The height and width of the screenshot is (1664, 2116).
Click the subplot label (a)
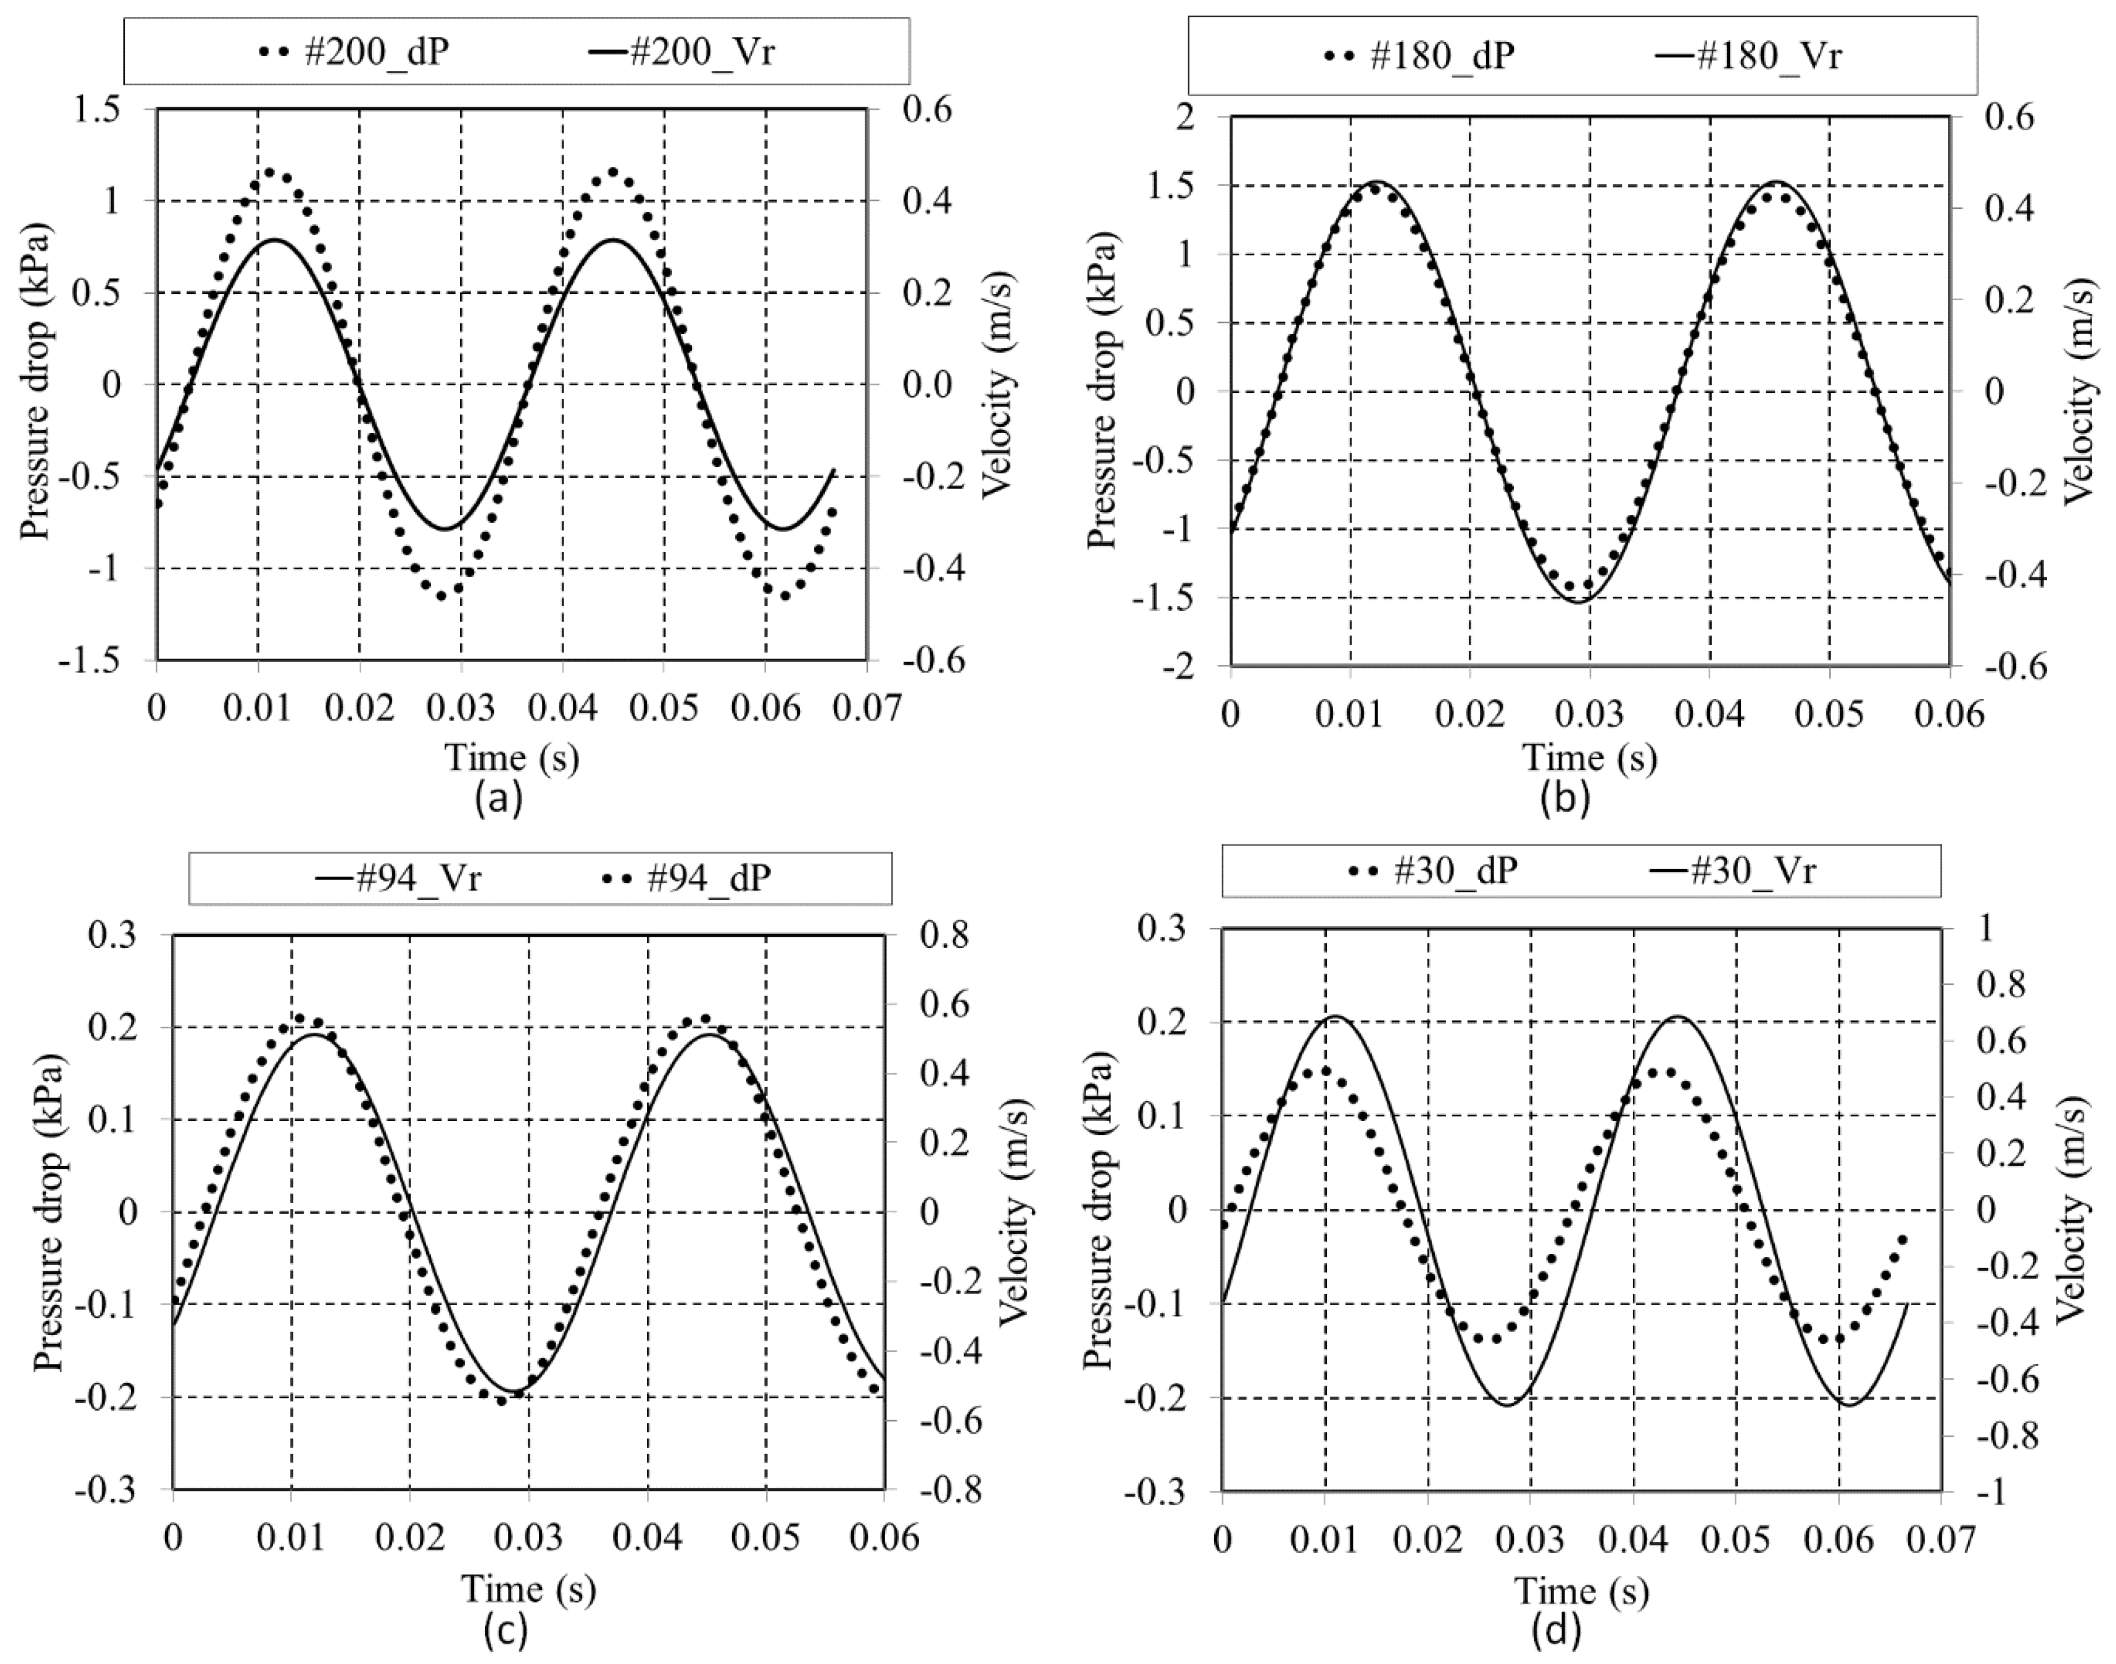499,798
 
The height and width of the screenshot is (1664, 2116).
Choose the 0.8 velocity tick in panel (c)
942,935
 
